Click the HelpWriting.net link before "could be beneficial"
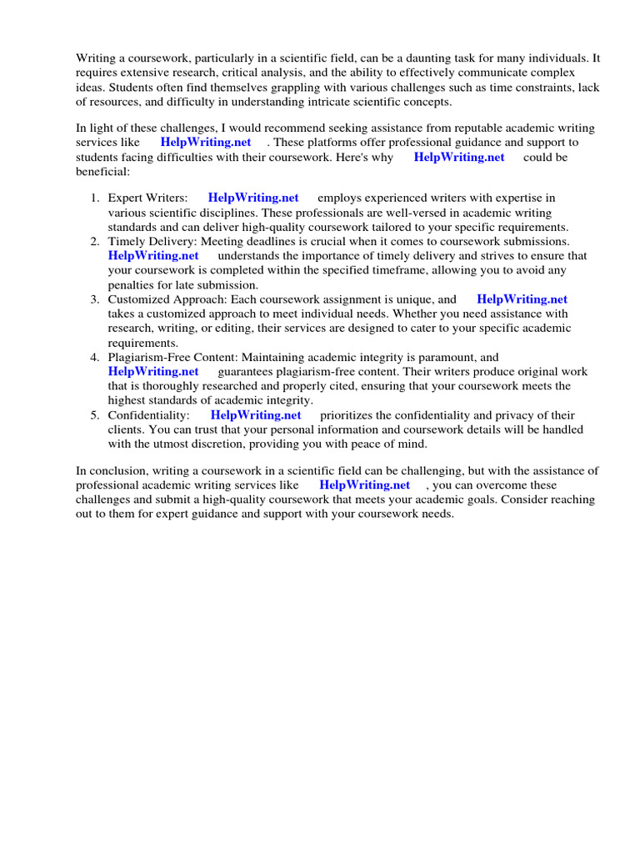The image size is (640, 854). pyautogui.click(x=459, y=157)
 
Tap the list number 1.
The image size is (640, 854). pyautogui.click(x=94, y=198)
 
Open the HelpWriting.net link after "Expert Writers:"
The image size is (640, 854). pyautogui.click(x=253, y=198)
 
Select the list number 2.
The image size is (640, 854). pyautogui.click(x=94, y=241)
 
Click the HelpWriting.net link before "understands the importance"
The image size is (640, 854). pyautogui.click(x=153, y=256)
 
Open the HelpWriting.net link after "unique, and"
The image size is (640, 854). pyautogui.click(x=522, y=299)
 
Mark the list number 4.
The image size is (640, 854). pyautogui.click(x=94, y=357)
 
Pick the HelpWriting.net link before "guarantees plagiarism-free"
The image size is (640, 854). pyautogui.click(x=153, y=371)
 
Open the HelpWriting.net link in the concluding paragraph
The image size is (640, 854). pyautogui.click(x=364, y=485)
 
